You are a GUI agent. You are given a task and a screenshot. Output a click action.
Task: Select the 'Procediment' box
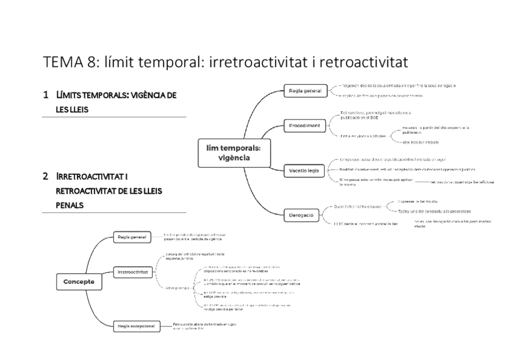tap(304, 126)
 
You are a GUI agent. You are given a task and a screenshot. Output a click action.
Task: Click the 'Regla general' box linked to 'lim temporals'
tap(305, 91)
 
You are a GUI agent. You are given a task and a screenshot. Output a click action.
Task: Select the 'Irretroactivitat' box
tap(134, 272)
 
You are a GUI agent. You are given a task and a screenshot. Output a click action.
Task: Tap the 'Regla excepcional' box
tap(136, 326)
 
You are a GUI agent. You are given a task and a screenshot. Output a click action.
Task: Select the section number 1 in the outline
tap(46, 95)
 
